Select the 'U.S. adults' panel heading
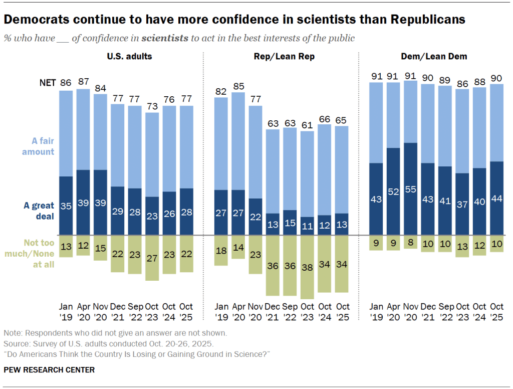[129, 57]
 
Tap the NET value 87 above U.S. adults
[84, 81]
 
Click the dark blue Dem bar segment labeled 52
[393, 191]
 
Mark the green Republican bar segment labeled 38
[308, 267]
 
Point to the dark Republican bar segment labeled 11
[308, 226]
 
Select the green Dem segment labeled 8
[410, 242]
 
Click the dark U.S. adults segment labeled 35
[66, 206]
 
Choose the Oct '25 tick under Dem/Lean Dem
[496, 311]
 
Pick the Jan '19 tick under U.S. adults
[66, 311]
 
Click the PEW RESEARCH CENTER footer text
[49, 370]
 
